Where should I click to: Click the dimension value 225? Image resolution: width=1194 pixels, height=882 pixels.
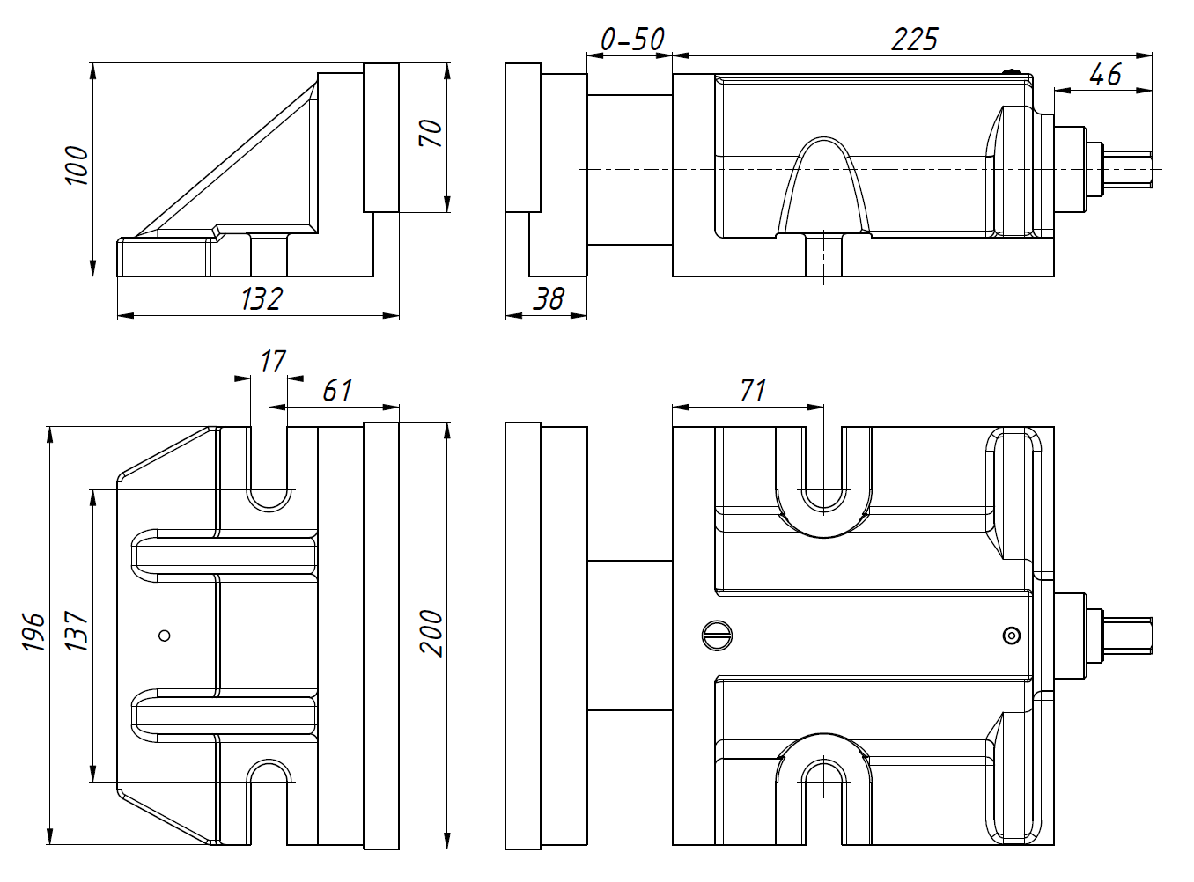[x=915, y=39]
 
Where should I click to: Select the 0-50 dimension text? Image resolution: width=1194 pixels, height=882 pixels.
[x=631, y=39]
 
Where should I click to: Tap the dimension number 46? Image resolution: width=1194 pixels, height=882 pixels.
[x=1105, y=74]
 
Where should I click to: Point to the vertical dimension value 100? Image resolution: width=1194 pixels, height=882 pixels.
[x=77, y=165]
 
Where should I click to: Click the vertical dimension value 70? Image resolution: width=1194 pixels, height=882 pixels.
[x=431, y=133]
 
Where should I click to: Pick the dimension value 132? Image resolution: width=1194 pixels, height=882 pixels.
[x=261, y=299]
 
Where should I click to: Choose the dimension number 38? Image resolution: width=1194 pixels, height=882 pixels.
[x=548, y=299]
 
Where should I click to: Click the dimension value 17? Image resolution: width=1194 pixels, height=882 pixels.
[x=272, y=361]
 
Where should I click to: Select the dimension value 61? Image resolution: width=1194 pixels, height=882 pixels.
[x=337, y=390]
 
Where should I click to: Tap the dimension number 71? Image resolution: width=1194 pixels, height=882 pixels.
[x=753, y=390]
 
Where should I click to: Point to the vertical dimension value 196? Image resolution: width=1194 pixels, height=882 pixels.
[x=33, y=631]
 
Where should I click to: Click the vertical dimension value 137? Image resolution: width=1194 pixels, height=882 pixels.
[x=77, y=631]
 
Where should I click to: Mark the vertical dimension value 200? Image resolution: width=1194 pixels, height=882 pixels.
[x=431, y=631]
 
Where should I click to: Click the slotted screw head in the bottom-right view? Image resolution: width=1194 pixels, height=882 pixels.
[x=718, y=636]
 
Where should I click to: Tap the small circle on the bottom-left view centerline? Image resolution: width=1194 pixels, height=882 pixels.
[x=164, y=636]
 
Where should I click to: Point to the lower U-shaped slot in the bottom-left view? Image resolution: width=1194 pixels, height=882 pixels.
[x=269, y=797]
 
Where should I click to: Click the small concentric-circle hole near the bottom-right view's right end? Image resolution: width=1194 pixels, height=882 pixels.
[x=1012, y=636]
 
